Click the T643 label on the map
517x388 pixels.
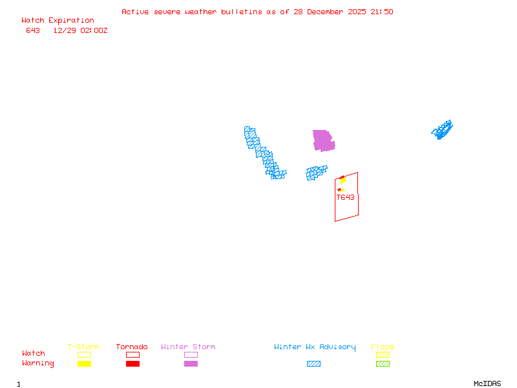click(x=345, y=198)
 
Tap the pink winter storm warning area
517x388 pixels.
click(x=322, y=140)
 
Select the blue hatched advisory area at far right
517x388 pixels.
click(x=442, y=130)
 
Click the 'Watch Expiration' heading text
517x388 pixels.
click(x=58, y=21)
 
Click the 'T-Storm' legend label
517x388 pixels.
click(x=83, y=347)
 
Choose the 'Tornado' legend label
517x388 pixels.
click(x=132, y=347)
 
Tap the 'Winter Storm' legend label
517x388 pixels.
click(x=188, y=347)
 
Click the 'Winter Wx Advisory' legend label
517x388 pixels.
click(x=315, y=347)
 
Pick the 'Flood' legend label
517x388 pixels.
click(x=383, y=347)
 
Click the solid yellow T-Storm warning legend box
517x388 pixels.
click(x=84, y=364)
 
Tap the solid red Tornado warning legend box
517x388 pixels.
click(x=132, y=364)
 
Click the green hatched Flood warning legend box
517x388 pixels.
click(x=383, y=364)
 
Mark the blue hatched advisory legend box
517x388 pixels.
click(x=313, y=364)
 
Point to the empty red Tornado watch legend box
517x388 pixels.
click(x=132, y=354)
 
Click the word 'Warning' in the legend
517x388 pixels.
click(x=38, y=363)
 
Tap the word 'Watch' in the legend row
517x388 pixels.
click(x=34, y=354)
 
